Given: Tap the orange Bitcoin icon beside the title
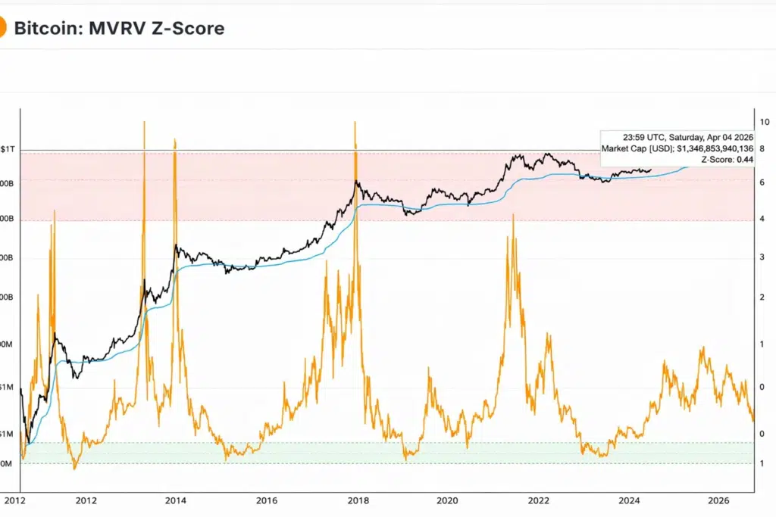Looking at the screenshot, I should pyautogui.click(x=3, y=29).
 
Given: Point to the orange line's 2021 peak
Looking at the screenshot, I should pyautogui.click(x=513, y=215).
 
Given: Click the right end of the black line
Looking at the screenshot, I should pyautogui.click(x=651, y=170).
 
